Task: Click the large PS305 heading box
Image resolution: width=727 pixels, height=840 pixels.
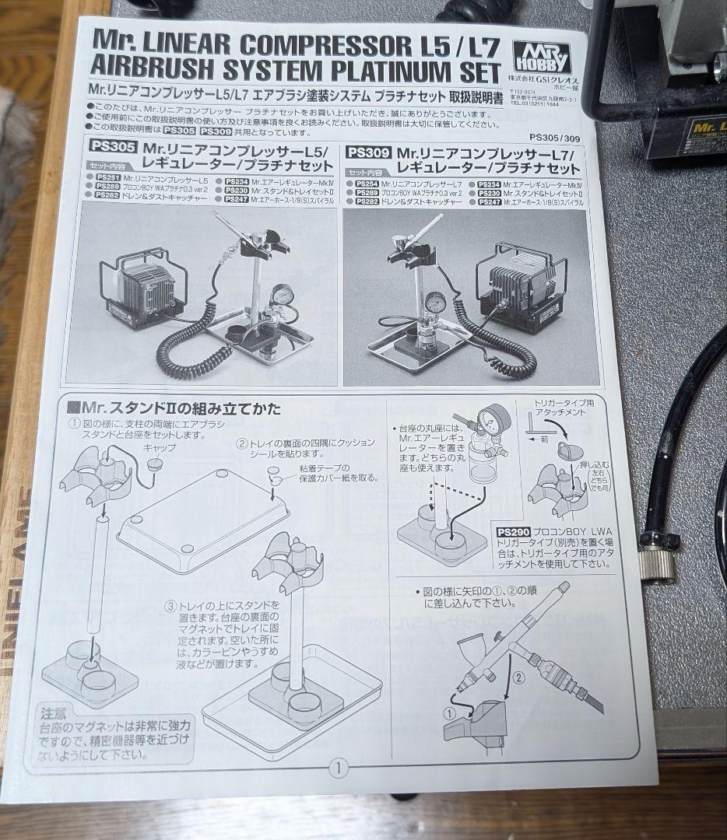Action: [x=113, y=147]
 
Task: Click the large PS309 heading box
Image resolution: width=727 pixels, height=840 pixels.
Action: [x=368, y=152]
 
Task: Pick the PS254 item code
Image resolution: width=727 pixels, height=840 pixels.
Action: [x=366, y=183]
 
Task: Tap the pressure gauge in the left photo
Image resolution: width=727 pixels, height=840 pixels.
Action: [x=283, y=296]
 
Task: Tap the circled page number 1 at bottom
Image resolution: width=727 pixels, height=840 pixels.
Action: [x=337, y=769]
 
